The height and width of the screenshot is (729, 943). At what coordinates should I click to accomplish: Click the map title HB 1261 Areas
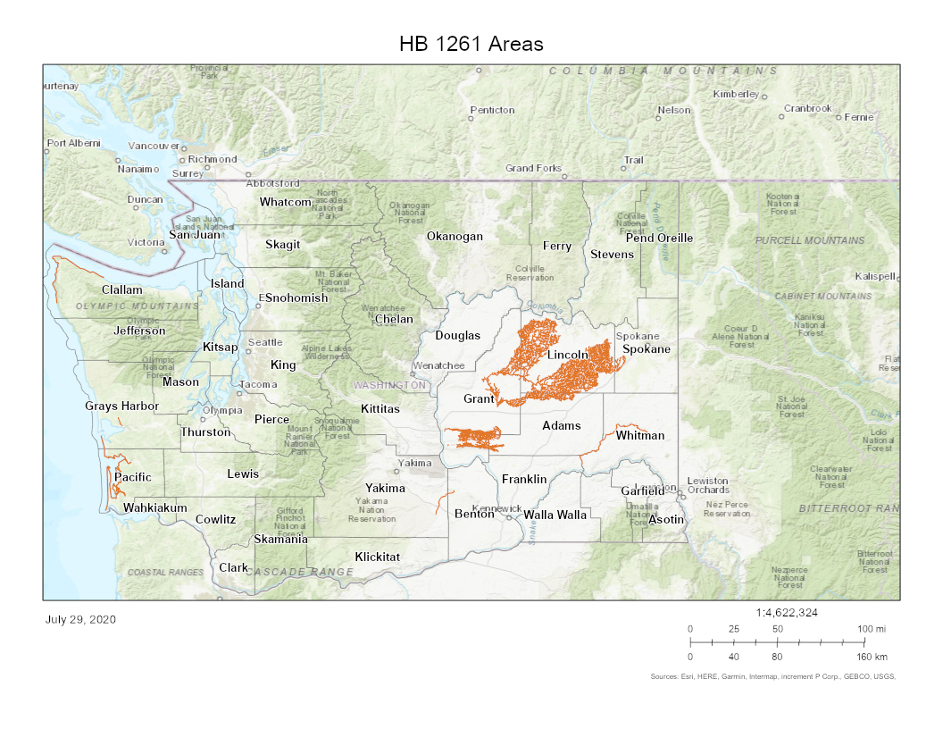pos(471,44)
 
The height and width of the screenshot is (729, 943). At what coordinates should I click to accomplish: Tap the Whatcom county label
pos(285,202)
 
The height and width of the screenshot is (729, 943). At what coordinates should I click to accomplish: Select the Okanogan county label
pos(455,237)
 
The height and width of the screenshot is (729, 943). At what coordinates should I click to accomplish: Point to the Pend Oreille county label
pos(659,238)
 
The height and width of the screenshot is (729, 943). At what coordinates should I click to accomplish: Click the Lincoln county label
pos(568,355)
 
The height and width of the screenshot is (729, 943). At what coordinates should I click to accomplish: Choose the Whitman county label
pos(639,435)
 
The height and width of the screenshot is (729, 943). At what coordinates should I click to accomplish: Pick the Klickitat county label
pos(377,557)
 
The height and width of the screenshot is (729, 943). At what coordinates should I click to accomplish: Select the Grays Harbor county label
pos(121,406)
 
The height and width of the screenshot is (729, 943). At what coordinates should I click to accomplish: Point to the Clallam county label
pos(121,289)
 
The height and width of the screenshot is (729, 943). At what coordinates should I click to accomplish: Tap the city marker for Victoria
pos(164,250)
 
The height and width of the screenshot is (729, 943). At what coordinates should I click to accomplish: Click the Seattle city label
pos(265,342)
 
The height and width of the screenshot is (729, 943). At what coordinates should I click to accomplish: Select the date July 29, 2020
pos(79,619)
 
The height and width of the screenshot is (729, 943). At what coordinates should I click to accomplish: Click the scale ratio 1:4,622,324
pos(786,613)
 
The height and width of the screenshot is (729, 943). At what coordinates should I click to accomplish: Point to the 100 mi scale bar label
pos(872,629)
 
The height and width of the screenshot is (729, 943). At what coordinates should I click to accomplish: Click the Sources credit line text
pos(772,676)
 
